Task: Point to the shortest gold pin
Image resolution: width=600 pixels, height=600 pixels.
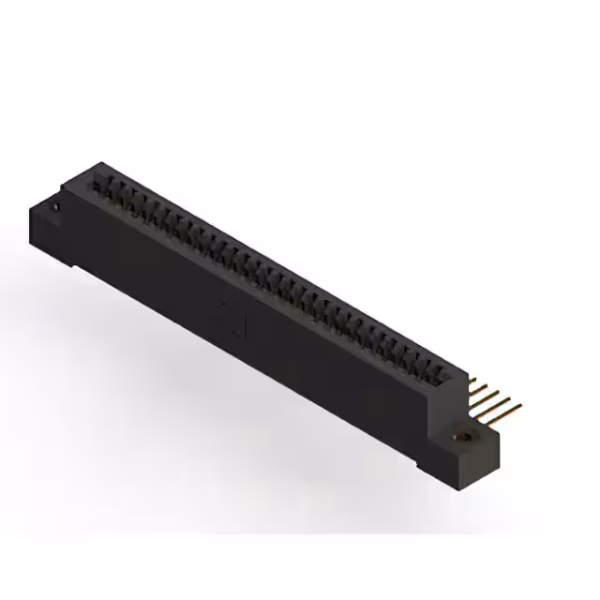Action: coord(472,381)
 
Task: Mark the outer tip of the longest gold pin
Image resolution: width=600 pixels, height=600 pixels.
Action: coord(520,406)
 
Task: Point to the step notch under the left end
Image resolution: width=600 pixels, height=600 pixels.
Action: coord(80,266)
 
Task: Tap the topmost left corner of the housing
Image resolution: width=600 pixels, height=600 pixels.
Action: coord(93,165)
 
